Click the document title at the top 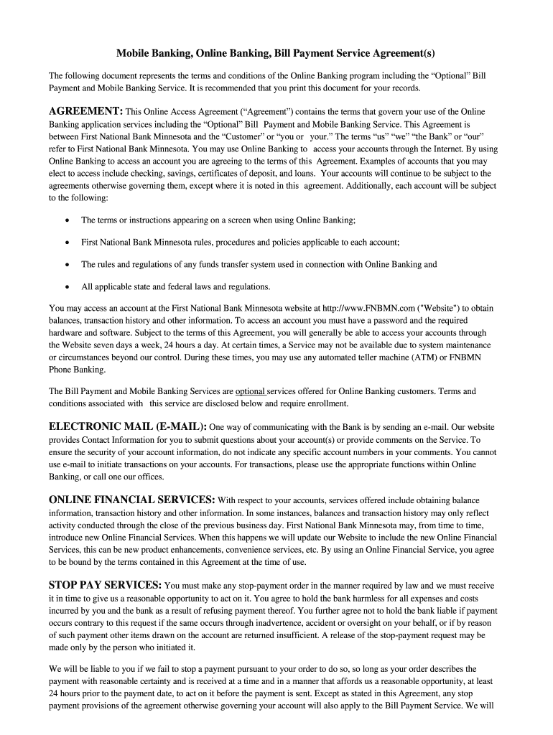pos(276,54)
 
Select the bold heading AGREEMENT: pos(85,111)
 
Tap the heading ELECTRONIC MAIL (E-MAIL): pos(128,426)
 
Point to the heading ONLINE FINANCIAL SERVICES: pos(131,500)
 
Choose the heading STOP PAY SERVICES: pos(105,585)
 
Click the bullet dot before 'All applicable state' pos(67,286)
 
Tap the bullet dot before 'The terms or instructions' pos(67,220)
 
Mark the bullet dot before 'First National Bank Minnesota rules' pos(67,242)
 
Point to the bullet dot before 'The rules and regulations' pos(67,264)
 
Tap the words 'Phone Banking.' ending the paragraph pos(77,370)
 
